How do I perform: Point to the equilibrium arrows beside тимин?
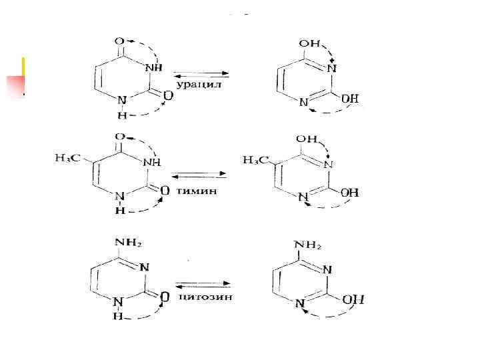coord(199,177)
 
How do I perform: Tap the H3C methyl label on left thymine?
coord(67,158)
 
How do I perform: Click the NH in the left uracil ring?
coord(152,67)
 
